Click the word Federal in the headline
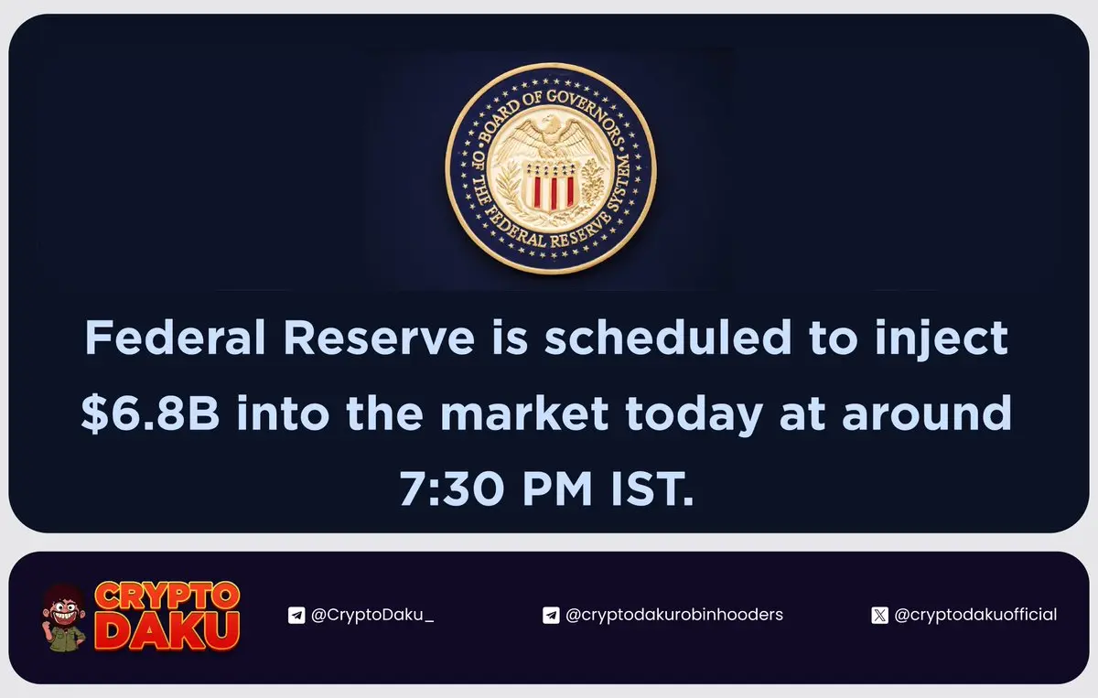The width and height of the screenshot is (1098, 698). pos(175,338)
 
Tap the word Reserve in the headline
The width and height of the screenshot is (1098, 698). pos(380,338)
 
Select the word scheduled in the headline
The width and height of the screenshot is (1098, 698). pos(668,338)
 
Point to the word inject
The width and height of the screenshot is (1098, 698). pos(942,339)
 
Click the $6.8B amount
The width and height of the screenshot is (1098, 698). pos(150,413)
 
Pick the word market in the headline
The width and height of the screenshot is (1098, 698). pos(524,413)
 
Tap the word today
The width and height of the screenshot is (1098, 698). pos(694,415)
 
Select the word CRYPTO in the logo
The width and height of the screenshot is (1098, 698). pos(167,596)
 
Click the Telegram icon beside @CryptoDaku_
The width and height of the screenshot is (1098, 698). pos(296,615)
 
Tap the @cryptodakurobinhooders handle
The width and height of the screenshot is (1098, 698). pos(674,615)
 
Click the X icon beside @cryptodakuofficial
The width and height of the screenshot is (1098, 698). pos(879,615)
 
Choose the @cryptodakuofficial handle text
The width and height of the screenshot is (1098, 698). pos(975,615)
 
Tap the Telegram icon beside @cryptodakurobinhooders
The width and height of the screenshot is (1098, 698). pos(551,615)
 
